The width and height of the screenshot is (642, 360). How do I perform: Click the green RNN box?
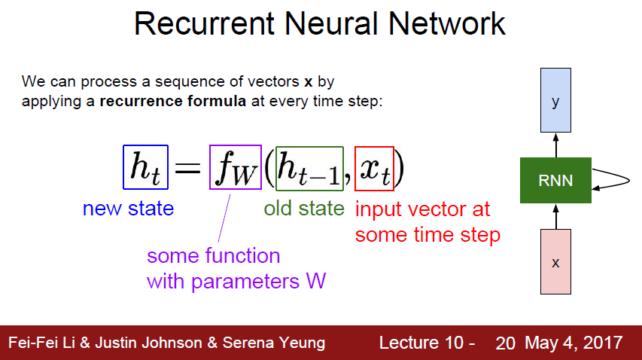pos(555,180)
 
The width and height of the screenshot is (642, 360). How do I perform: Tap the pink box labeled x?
pos(555,261)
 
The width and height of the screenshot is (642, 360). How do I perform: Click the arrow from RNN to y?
pos(555,145)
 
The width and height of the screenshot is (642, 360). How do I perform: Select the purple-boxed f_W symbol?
pos(235,168)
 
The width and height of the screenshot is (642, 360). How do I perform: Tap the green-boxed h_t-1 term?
pos(309,168)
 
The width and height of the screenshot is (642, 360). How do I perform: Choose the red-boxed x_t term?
pos(374,168)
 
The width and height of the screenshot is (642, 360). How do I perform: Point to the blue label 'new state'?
pos(128,208)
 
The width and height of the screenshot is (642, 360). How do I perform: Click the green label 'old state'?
pos(304,208)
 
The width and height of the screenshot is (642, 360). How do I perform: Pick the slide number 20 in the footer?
pos(505,343)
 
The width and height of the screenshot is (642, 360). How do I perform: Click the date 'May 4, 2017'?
pos(574,343)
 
